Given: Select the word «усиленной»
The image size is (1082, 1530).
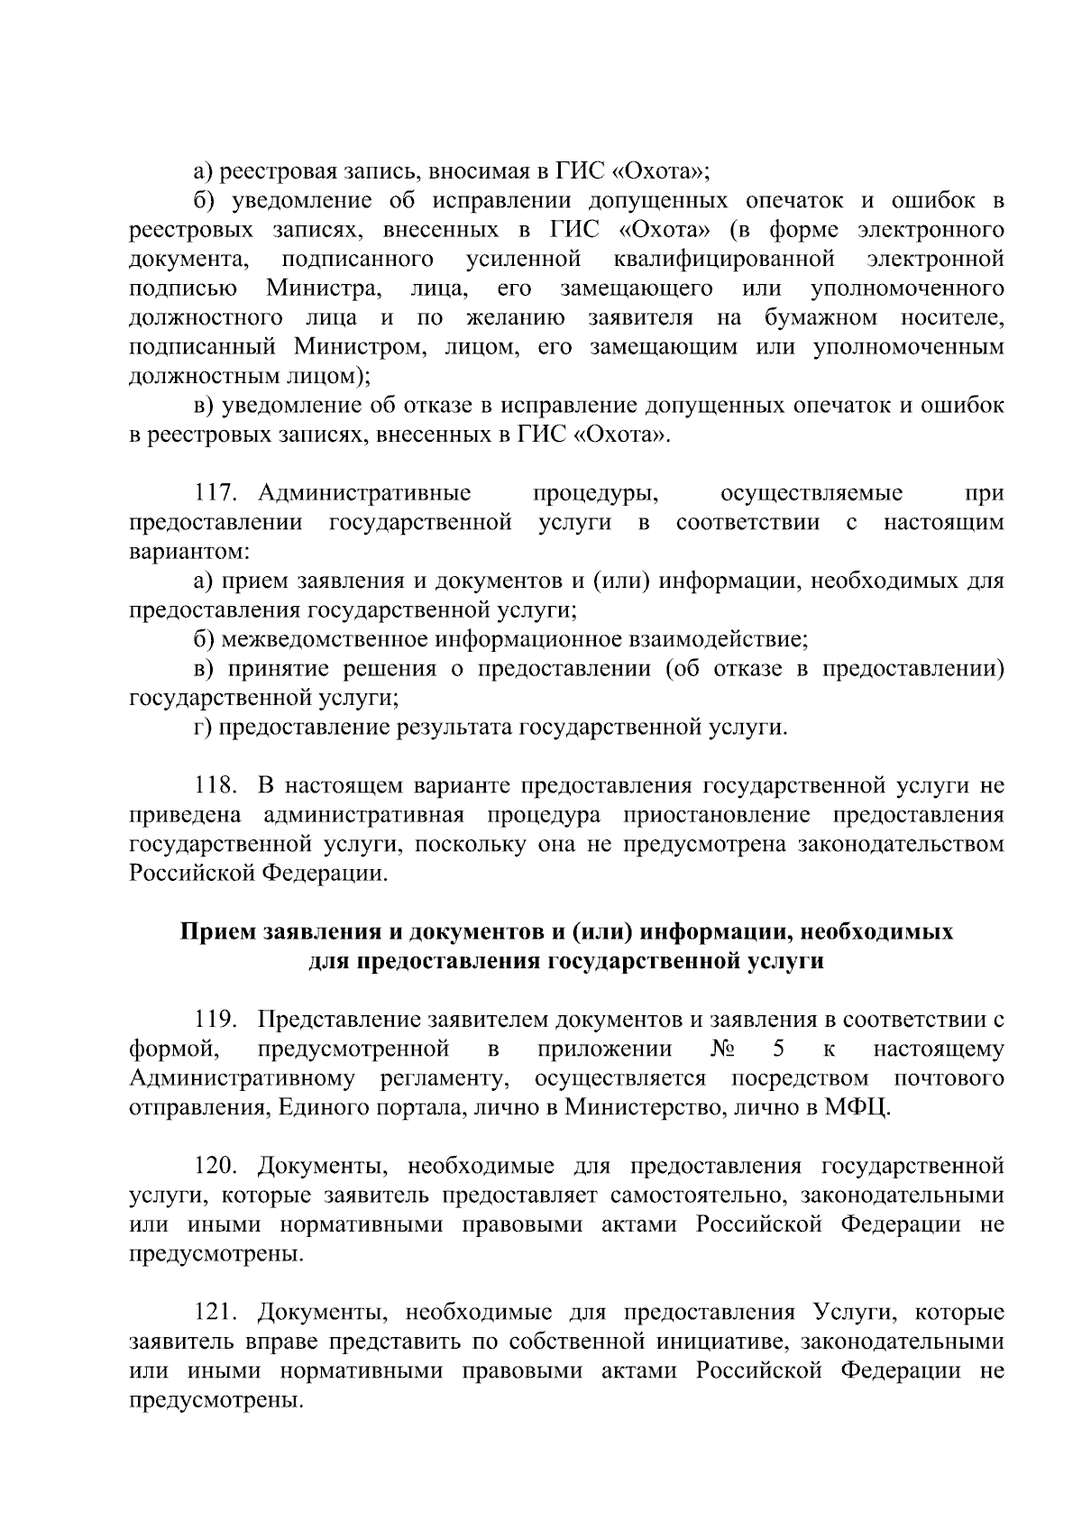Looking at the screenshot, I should click(x=523, y=260).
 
